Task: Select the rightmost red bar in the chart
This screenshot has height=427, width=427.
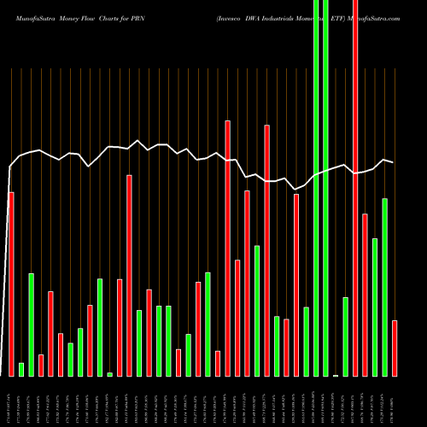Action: pyautogui.click(x=395, y=348)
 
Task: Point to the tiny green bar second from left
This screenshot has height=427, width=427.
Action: pyautogui.click(x=21, y=369)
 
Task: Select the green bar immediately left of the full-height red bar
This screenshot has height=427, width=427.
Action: pyautogui.click(x=345, y=336)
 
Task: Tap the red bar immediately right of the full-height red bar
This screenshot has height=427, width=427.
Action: pyautogui.click(x=365, y=295)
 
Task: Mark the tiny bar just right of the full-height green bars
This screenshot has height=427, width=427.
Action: pyautogui.click(x=336, y=375)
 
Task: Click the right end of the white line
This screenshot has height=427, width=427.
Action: pyautogui.click(x=393, y=162)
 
